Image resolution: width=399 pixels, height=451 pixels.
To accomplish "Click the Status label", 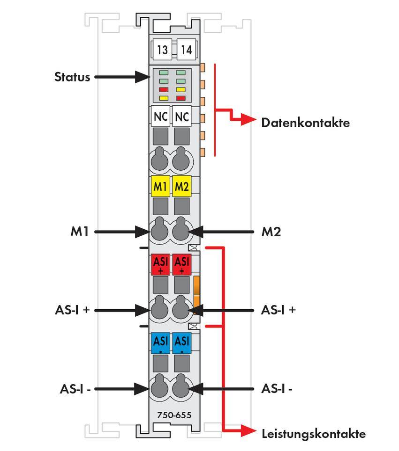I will tap(72, 76).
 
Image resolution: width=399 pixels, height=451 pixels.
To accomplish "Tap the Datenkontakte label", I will tap(305, 123).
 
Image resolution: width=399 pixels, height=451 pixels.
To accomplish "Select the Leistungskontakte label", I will tap(313, 434).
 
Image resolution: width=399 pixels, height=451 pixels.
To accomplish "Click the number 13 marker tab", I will tap(162, 50).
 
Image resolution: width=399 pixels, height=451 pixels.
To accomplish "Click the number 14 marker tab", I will tap(187, 50).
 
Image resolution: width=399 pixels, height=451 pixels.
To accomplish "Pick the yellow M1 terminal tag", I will tap(161, 187).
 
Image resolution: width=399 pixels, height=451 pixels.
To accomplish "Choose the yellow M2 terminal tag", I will tap(181, 187).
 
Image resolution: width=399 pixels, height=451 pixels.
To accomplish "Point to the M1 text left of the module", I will tap(80, 231).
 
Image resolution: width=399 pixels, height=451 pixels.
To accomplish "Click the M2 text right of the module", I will tap(271, 231).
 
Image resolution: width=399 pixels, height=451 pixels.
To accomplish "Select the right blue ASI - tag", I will tap(181, 344).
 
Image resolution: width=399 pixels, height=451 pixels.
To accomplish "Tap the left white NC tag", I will tap(161, 116).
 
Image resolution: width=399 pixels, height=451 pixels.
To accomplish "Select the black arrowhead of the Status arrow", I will tap(141, 77).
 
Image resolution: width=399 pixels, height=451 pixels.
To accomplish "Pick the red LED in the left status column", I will tap(163, 89).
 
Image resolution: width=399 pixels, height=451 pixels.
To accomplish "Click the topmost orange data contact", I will tap(203, 68).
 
